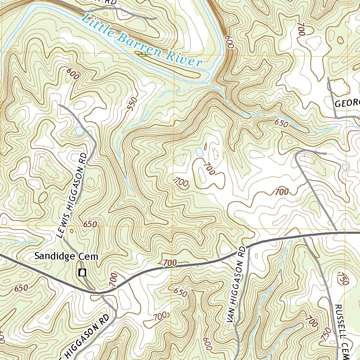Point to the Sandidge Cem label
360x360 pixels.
pyautogui.click(x=66, y=257)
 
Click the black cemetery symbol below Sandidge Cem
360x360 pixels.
pyautogui.click(x=83, y=272)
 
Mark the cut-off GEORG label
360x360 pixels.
pyautogui.click(x=347, y=103)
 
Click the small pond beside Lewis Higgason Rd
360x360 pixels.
pyautogui.click(x=79, y=131)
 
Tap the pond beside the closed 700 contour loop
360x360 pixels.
pyautogui.click(x=199, y=152)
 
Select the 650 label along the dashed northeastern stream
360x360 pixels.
pyautogui.click(x=281, y=124)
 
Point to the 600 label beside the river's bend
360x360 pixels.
pyautogui.click(x=230, y=42)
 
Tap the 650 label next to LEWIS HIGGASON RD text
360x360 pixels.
pyautogui.click(x=90, y=224)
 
